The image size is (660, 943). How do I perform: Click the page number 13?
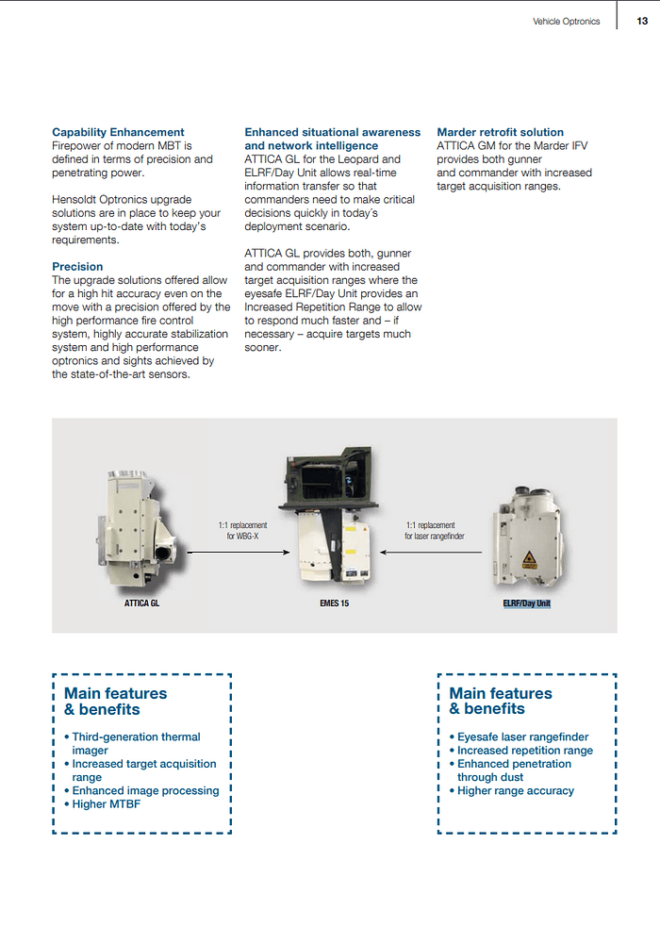[x=642, y=21]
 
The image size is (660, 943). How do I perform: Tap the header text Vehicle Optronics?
[x=566, y=21]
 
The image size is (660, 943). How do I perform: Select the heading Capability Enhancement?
[x=118, y=132]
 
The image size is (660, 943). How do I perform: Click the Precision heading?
[x=77, y=267]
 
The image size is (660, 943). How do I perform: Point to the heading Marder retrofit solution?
[x=500, y=132]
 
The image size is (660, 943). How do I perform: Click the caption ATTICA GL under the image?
[x=141, y=604]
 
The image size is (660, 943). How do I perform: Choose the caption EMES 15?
[x=334, y=604]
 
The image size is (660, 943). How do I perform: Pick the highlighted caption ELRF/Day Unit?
[x=526, y=604]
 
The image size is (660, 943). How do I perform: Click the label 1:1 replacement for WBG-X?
[x=242, y=531]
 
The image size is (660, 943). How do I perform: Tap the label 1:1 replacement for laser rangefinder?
[x=434, y=531]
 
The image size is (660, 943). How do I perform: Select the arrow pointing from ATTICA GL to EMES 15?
[x=236, y=553]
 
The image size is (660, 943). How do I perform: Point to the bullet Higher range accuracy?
[x=515, y=790]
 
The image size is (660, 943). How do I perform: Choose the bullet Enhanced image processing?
[x=145, y=790]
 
